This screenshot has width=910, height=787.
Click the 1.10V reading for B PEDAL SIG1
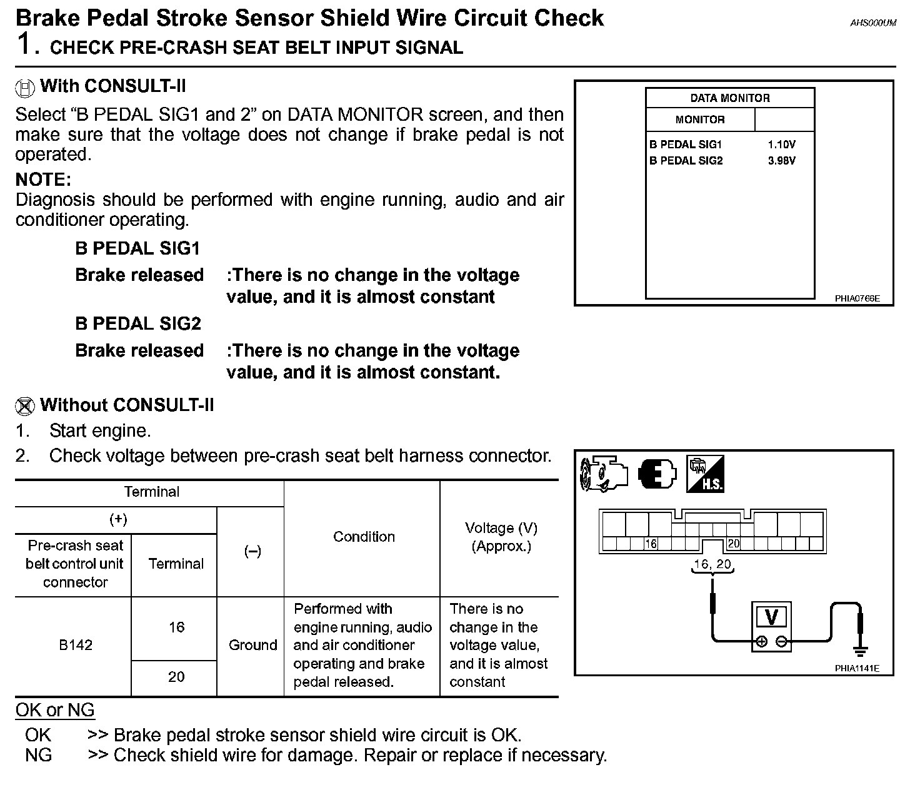click(x=781, y=145)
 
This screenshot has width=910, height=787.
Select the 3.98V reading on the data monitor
click(x=781, y=161)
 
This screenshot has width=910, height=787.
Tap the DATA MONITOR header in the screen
click(x=729, y=98)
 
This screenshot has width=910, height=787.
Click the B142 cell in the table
click(x=76, y=645)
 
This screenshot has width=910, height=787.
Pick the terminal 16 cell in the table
click(x=176, y=627)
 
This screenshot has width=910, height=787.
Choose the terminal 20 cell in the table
click(x=176, y=677)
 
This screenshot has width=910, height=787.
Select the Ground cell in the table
click(x=252, y=645)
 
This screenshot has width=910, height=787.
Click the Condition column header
click(x=364, y=537)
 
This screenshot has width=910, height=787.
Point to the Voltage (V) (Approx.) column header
click(x=501, y=537)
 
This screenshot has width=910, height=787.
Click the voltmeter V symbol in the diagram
click(x=771, y=617)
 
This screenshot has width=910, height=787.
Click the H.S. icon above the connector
click(x=704, y=474)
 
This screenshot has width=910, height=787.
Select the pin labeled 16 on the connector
click(x=651, y=544)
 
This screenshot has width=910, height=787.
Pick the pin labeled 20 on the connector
click(x=733, y=544)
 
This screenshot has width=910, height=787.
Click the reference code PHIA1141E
click(x=857, y=668)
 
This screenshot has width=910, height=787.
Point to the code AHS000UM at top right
click(x=873, y=23)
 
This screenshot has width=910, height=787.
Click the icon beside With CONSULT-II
click(x=24, y=88)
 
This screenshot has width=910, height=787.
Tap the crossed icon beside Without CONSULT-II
click(x=24, y=407)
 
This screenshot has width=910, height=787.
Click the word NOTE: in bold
click(x=43, y=180)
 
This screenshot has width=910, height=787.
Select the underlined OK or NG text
click(x=55, y=711)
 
